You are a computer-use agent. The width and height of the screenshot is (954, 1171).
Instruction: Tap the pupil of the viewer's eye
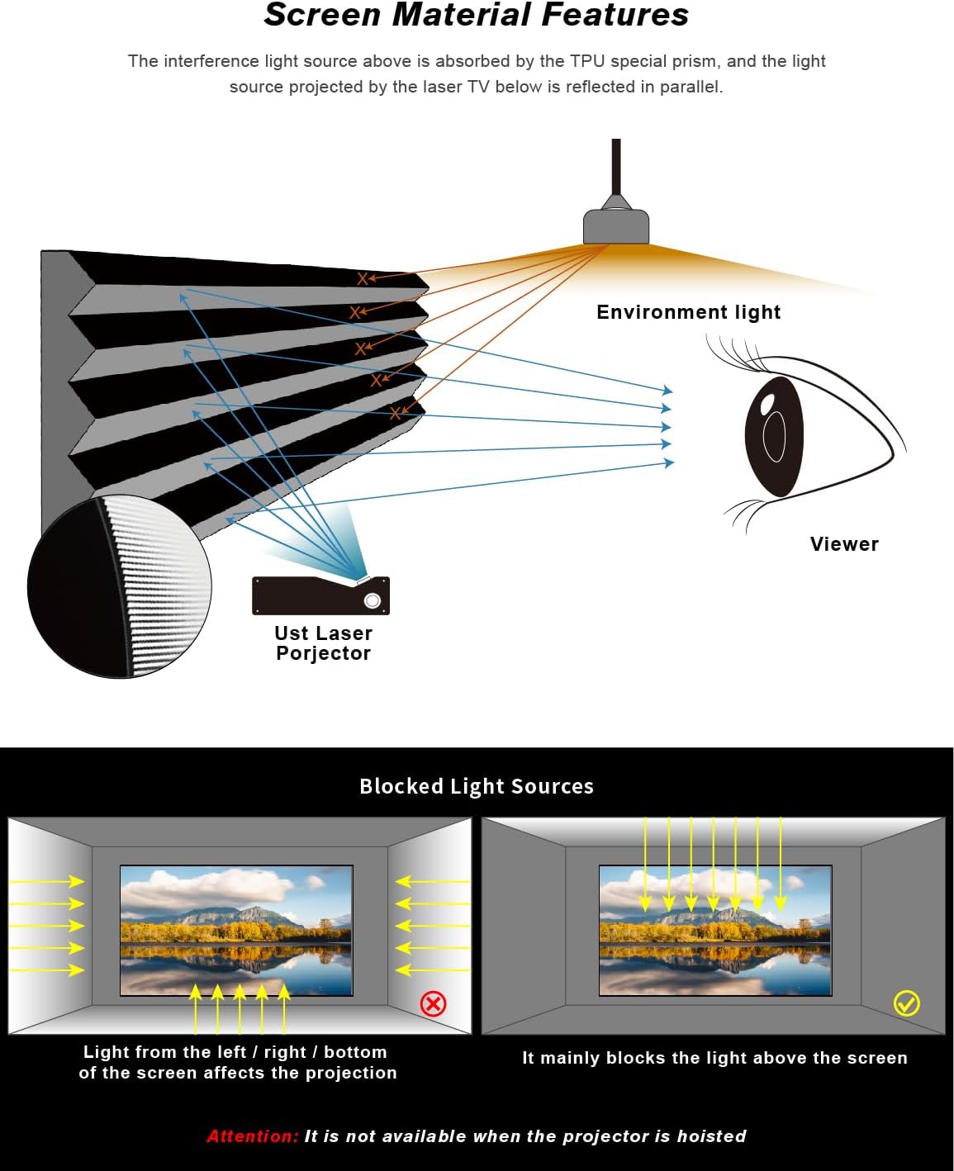coord(774,435)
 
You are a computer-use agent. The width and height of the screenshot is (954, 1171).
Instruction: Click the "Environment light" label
coord(688,312)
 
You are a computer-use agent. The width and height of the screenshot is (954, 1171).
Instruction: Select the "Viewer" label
coord(844,544)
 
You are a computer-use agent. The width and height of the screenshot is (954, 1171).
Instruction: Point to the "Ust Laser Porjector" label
coord(323,643)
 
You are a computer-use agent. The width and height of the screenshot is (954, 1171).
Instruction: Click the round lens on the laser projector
coord(373,600)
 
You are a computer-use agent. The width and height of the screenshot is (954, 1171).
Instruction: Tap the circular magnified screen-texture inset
coord(120,586)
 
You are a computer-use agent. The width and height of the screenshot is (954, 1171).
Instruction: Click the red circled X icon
coord(433,1003)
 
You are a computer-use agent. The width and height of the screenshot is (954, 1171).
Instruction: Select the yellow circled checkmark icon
coord(906,1003)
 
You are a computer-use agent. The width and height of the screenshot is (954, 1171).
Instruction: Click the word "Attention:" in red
coord(253,1136)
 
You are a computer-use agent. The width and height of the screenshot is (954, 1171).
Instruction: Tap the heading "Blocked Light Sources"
coord(477,786)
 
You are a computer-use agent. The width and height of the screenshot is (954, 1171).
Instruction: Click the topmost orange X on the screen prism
coord(363,279)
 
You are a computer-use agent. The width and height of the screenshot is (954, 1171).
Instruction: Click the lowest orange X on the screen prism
coord(396,413)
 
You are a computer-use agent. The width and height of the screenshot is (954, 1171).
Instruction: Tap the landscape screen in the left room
coord(236,930)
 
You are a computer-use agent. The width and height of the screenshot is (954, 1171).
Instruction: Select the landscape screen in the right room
coord(715,930)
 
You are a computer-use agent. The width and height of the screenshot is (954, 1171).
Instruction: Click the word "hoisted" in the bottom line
coord(711,1136)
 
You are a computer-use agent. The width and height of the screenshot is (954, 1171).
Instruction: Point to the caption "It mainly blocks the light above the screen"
coord(714,1058)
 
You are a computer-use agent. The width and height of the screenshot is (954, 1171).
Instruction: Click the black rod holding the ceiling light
coord(616,165)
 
